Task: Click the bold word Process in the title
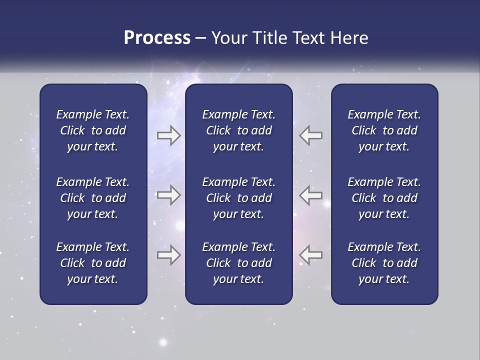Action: pyautogui.click(x=157, y=38)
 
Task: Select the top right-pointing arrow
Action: pyautogui.click(x=169, y=135)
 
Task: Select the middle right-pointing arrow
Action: pyautogui.click(x=169, y=195)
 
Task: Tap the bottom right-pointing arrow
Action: pyautogui.click(x=169, y=255)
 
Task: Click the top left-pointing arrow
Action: pyautogui.click(x=311, y=135)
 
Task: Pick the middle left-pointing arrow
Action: pyautogui.click(x=311, y=195)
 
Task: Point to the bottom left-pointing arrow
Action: pyautogui.click(x=311, y=255)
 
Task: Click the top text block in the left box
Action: pyautogui.click(x=93, y=130)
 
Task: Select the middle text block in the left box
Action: pyautogui.click(x=93, y=198)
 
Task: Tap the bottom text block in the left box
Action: pyautogui.click(x=93, y=263)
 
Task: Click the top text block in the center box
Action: pyautogui.click(x=238, y=130)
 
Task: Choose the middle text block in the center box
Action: pyautogui.click(x=238, y=198)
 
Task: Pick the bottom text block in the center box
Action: pyautogui.click(x=238, y=263)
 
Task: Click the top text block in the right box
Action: pyautogui.click(x=384, y=130)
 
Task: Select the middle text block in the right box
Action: pyautogui.click(x=384, y=198)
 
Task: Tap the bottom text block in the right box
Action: pyautogui.click(x=384, y=263)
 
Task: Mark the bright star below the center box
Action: pyautogui.click(x=162, y=343)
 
